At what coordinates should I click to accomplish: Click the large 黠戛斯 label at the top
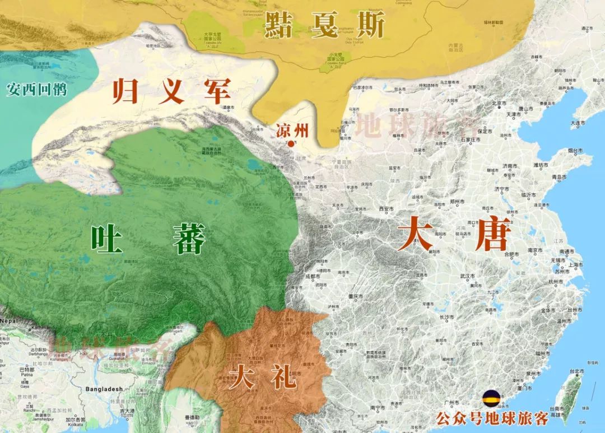325,24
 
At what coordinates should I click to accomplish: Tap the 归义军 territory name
171,91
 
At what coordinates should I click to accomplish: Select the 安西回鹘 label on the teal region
36,89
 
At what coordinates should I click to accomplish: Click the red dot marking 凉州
290,144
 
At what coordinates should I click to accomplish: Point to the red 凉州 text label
292,131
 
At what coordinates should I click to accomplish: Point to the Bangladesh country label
104,389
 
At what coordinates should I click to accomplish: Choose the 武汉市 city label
466,276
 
